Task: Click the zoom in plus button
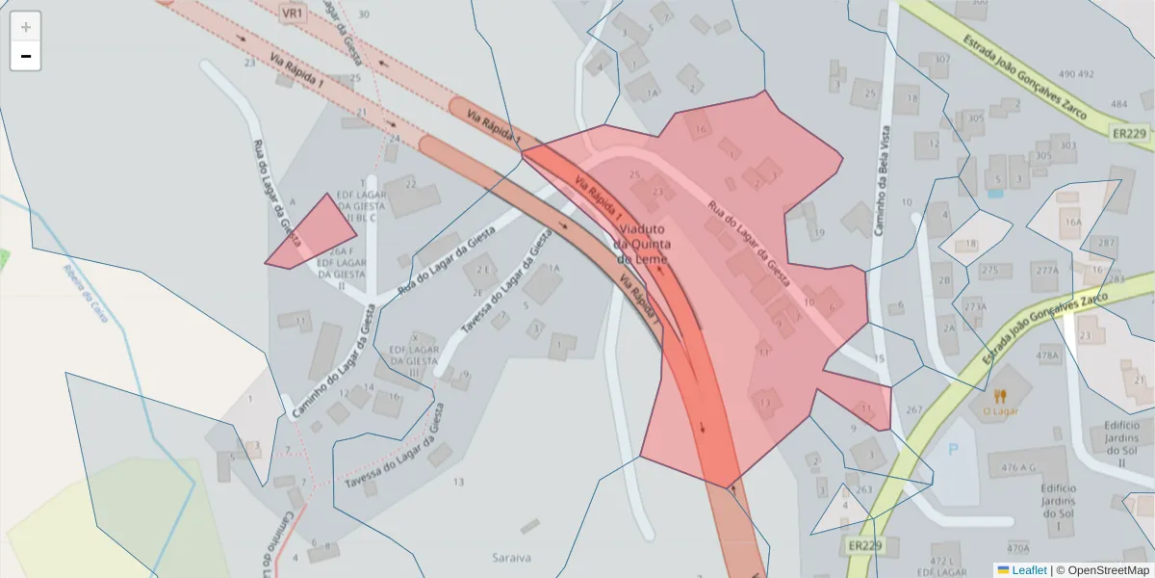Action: (x=26, y=26)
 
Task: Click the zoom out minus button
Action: (x=26, y=56)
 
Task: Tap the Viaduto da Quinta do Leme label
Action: (x=641, y=244)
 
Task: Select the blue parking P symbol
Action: (x=954, y=449)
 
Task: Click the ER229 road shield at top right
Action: (x=1128, y=134)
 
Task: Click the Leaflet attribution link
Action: (x=1029, y=569)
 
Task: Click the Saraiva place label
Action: (x=511, y=557)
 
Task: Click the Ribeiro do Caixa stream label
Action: (x=86, y=293)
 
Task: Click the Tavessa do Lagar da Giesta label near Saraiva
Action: (x=395, y=457)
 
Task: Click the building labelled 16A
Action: (x=1072, y=223)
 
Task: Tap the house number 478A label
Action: (x=1047, y=355)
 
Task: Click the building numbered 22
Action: (x=410, y=185)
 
